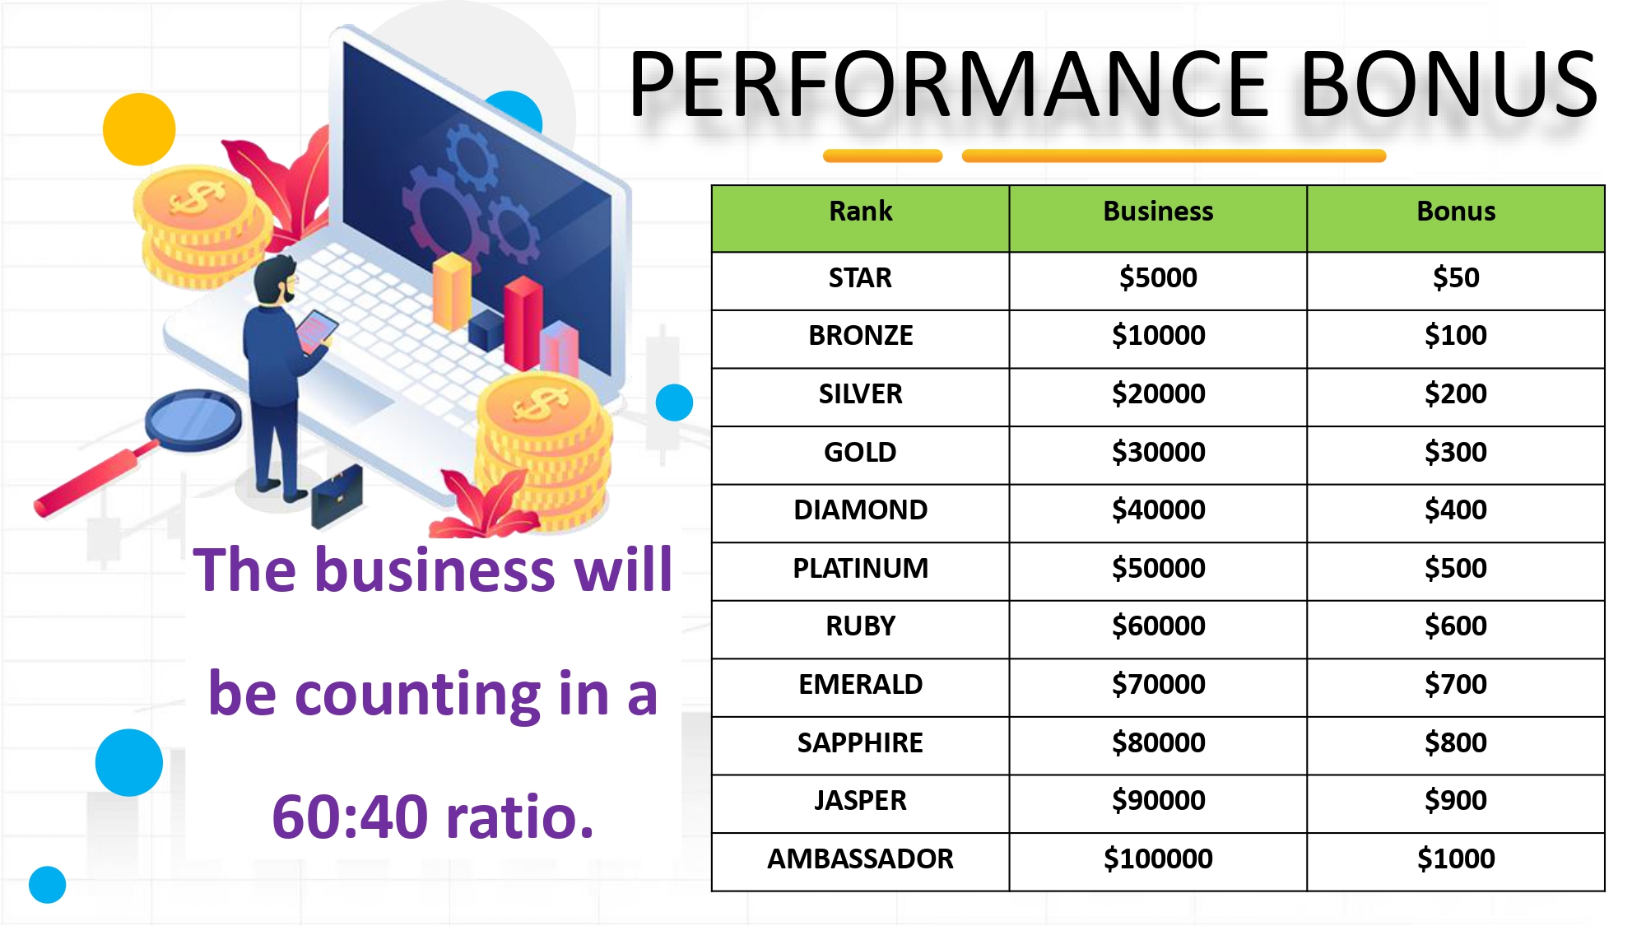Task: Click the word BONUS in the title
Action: pyautogui.click(x=1448, y=84)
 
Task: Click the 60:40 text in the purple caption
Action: pyautogui.click(x=351, y=817)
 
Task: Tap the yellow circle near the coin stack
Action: pyautogui.click(x=139, y=129)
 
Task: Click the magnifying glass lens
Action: pyautogui.click(x=193, y=420)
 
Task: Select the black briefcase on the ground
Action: pyautogui.click(x=337, y=496)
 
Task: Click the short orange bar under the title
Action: pyautogui.click(x=882, y=156)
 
